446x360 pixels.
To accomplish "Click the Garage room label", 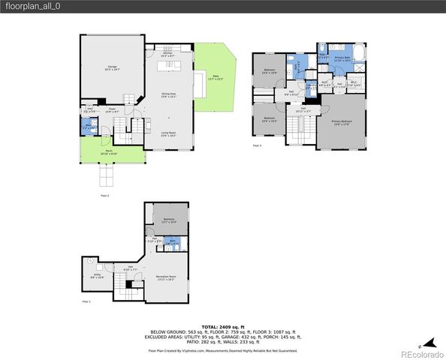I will coord(112,68).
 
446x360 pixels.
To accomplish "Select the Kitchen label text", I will coord(168,53).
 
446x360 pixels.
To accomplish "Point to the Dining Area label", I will coord(168,94).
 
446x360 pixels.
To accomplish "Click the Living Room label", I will coord(168,134).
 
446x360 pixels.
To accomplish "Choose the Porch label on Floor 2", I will coord(109,152).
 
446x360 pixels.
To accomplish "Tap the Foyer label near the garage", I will coord(111,109).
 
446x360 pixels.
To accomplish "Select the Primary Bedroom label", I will coord(342,123).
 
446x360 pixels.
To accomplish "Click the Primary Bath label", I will coord(342,58).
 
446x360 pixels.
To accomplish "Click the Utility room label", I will coord(97,276).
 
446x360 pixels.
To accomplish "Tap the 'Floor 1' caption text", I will coord(86,301).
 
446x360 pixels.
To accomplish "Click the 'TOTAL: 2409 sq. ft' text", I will coord(222,327).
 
